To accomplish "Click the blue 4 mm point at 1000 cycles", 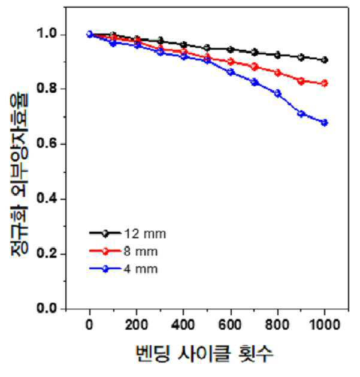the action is tap(325, 123).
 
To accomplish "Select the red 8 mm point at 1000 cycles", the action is tap(325, 83).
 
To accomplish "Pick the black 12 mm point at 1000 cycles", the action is tap(325, 60).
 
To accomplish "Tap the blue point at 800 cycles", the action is tap(278, 93).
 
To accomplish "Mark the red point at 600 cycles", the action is tap(231, 62).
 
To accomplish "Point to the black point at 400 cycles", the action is tap(184, 45).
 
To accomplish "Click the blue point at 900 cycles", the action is tap(301, 114).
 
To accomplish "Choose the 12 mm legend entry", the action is tap(128, 233).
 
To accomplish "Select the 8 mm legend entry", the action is tap(123, 251).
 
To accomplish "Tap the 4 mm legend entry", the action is tap(123, 269).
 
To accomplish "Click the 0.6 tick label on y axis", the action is tap(47, 143).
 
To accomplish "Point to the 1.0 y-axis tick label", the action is tap(47, 34).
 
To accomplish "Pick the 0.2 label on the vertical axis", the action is tap(47, 253).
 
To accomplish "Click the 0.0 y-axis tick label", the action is tap(47, 308).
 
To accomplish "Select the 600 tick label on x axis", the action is tap(230, 324).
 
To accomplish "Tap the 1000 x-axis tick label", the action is tap(325, 324).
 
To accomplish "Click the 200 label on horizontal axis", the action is tap(137, 324).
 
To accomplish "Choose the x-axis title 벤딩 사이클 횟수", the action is tap(204, 354).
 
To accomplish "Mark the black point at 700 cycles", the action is tap(255, 53).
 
